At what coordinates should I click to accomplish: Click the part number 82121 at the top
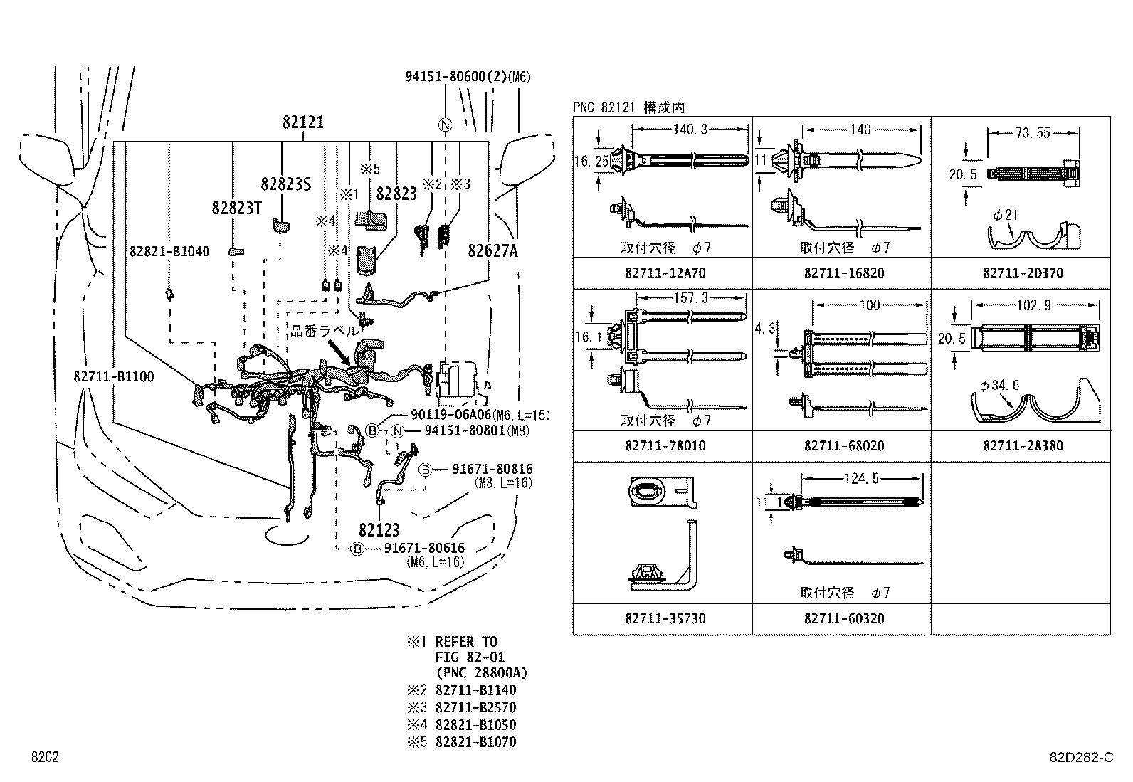click(x=302, y=122)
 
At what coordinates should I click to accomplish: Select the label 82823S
click(x=285, y=184)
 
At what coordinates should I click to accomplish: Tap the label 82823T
click(x=237, y=208)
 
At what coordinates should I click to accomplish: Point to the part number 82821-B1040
click(x=169, y=251)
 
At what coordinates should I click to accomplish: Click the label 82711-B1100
click(x=112, y=376)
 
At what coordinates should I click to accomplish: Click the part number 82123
click(x=379, y=530)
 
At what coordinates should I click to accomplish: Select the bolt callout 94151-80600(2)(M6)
click(x=468, y=78)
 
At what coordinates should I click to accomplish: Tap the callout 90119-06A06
click(x=450, y=415)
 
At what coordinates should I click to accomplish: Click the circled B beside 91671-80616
click(x=357, y=549)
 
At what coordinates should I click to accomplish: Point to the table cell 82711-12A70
click(x=662, y=273)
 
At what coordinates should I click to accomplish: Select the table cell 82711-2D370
click(x=1019, y=273)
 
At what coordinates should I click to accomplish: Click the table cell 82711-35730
click(x=662, y=619)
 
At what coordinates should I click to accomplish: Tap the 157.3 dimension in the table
click(x=690, y=299)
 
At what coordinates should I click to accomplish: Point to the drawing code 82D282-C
click(x=1080, y=758)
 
